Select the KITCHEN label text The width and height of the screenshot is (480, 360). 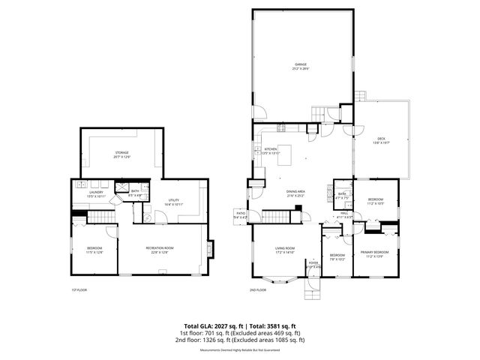coord(271,150)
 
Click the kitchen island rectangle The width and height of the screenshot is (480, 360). coord(285,150)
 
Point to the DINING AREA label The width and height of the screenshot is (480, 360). coord(295,193)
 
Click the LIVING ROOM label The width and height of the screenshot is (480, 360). coord(285,250)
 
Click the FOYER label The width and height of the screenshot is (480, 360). coord(313,264)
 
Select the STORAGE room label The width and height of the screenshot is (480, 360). coord(122,154)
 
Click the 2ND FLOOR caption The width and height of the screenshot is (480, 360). coord(258,289)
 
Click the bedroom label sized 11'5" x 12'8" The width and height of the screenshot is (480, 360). coord(94,250)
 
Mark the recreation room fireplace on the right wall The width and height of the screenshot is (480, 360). coord(210,248)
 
